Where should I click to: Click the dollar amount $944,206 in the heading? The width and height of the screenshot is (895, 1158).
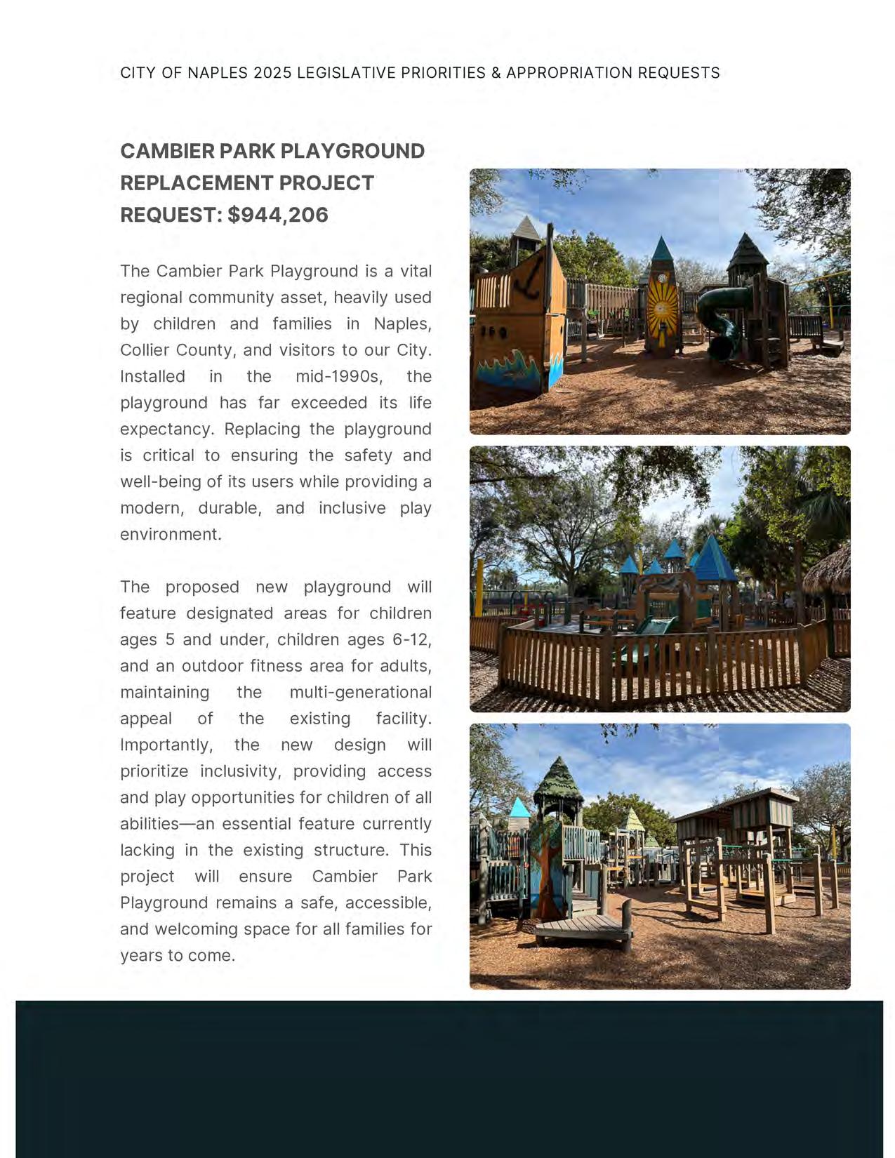(278, 215)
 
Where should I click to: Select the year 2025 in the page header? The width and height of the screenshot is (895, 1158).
(272, 73)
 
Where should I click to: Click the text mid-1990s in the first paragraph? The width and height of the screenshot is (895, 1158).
(339, 376)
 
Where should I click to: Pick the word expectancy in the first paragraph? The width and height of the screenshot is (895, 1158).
(166, 429)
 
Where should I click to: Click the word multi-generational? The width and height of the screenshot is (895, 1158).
(360, 692)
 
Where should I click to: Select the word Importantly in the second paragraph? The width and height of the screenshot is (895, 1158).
(166, 745)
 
